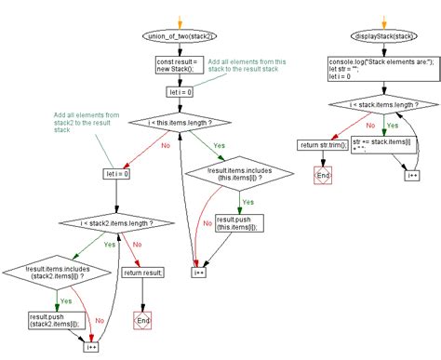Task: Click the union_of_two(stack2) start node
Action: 180,36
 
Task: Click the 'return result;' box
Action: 141,273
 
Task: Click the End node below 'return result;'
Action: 141,320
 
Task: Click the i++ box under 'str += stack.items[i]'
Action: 411,173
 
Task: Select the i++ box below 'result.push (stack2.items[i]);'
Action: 92,347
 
